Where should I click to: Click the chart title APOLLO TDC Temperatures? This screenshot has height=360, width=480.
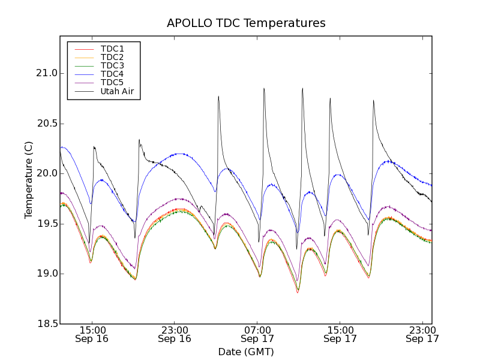246,23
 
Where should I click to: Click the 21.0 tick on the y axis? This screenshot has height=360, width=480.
46,73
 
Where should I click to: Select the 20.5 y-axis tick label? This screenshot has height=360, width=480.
46,124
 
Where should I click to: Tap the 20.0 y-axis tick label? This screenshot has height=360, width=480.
46,173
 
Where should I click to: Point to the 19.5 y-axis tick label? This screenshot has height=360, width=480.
46,224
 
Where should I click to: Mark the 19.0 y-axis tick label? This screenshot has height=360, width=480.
46,274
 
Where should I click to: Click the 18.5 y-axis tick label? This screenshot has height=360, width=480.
46,324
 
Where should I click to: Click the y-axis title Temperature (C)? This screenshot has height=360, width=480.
29,180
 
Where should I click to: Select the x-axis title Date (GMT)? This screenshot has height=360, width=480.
246,352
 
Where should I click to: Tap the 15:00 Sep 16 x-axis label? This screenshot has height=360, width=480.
92,334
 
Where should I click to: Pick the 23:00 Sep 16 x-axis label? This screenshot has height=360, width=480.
175,334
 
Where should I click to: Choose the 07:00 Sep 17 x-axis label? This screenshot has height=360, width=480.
257,334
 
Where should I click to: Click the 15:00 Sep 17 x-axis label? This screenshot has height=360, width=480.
340,334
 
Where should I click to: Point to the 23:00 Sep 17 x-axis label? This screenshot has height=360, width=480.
422,334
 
